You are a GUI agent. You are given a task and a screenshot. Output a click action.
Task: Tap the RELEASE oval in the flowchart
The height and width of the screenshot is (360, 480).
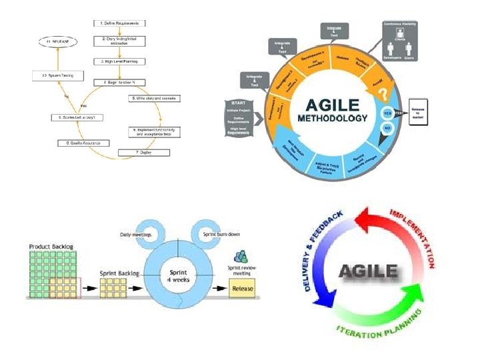pos(57,41)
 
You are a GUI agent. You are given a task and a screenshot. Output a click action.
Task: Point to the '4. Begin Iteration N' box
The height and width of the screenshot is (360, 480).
pos(119,82)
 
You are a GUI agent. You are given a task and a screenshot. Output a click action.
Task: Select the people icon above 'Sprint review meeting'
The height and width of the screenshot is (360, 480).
pos(240,255)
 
